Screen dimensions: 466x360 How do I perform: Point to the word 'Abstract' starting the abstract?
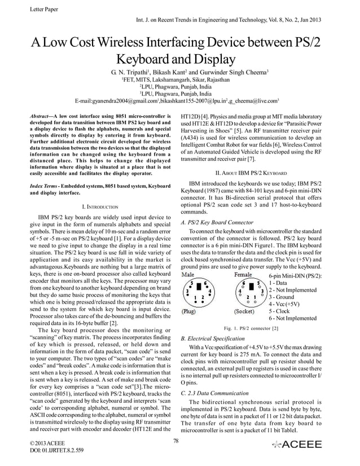(41, 115)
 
